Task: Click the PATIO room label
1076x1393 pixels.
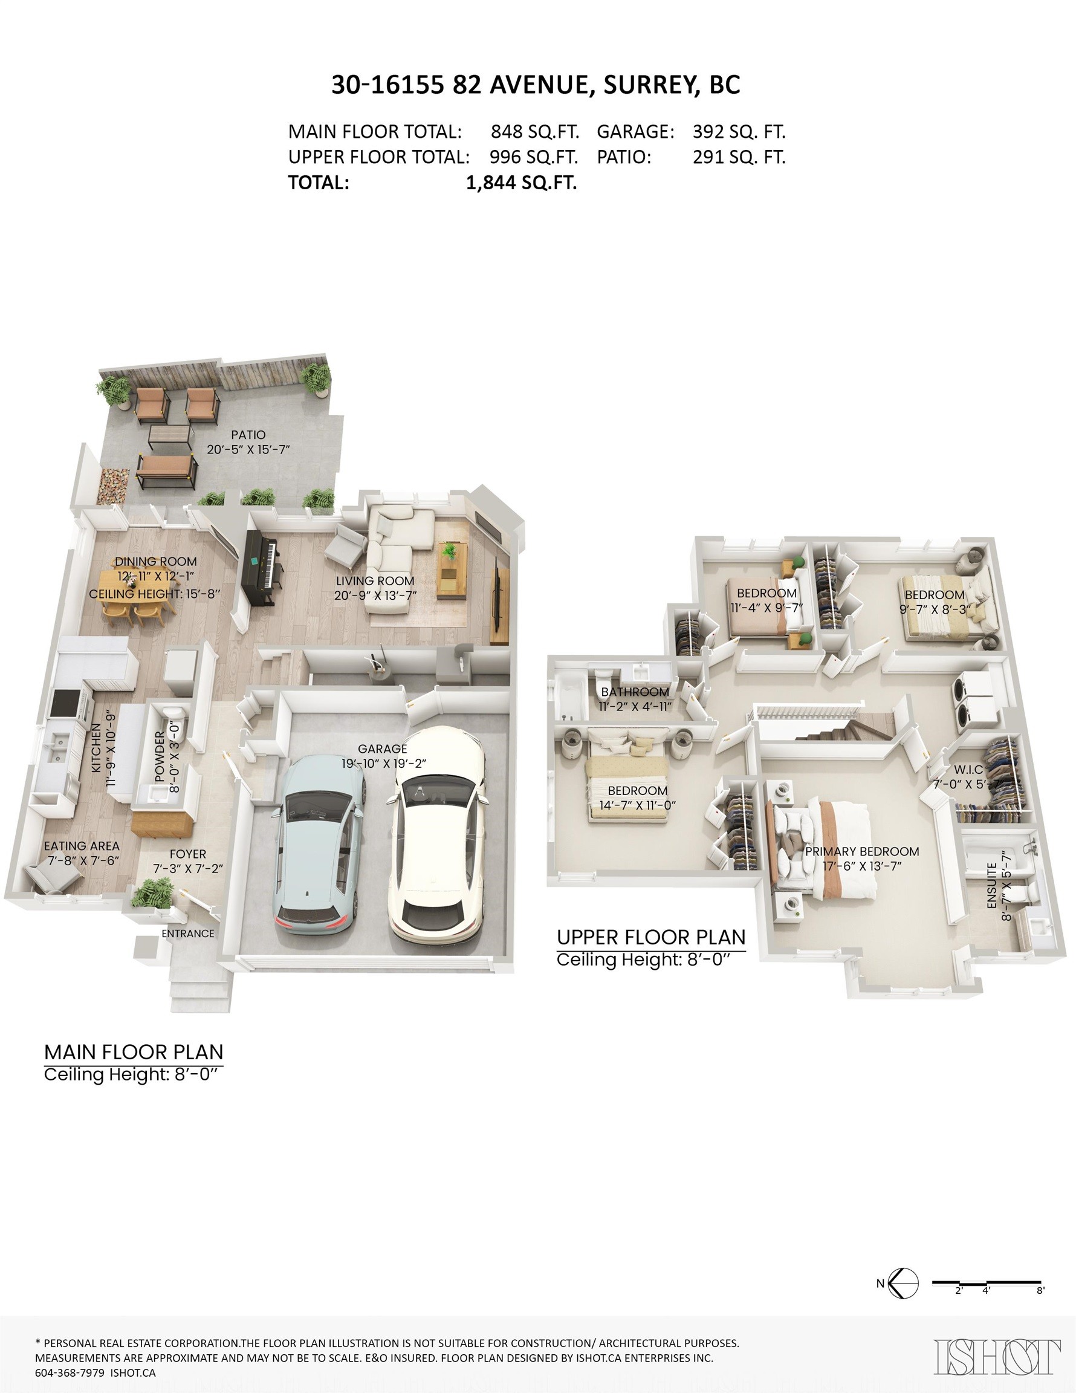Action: pyautogui.click(x=248, y=434)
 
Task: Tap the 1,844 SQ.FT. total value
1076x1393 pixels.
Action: pyautogui.click(x=521, y=183)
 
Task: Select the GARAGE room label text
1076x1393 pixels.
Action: pyautogui.click(x=382, y=749)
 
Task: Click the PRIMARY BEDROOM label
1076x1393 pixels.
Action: pyautogui.click(x=861, y=851)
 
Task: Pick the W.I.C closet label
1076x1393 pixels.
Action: pyautogui.click(x=968, y=770)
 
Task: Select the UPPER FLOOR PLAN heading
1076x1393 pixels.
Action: pyautogui.click(x=650, y=938)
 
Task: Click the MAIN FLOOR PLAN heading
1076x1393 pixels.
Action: pyautogui.click(x=134, y=1052)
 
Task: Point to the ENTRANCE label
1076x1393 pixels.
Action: pyautogui.click(x=187, y=933)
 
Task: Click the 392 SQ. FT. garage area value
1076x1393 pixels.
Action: pyautogui.click(x=739, y=132)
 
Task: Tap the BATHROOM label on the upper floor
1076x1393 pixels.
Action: pyautogui.click(x=635, y=692)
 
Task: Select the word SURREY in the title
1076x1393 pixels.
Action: pyautogui.click(x=650, y=85)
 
